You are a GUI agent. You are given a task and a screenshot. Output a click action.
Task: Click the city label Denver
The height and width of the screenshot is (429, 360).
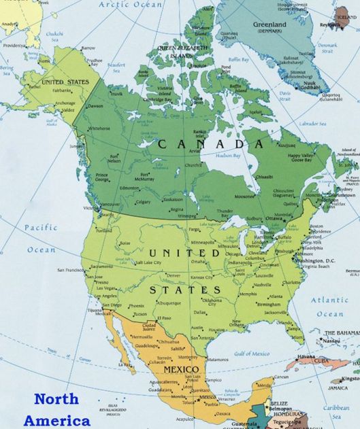[x=174, y=275]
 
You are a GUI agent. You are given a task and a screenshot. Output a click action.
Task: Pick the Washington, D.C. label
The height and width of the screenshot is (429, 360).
[x=316, y=260]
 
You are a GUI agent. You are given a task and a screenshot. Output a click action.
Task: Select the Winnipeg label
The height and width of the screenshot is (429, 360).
[x=189, y=216]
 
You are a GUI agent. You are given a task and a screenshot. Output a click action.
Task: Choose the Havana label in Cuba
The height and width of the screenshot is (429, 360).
[x=306, y=356]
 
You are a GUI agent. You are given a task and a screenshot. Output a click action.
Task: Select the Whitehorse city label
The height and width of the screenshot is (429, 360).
[x=99, y=128]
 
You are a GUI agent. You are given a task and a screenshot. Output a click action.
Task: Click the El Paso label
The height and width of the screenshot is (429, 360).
[x=164, y=318]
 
